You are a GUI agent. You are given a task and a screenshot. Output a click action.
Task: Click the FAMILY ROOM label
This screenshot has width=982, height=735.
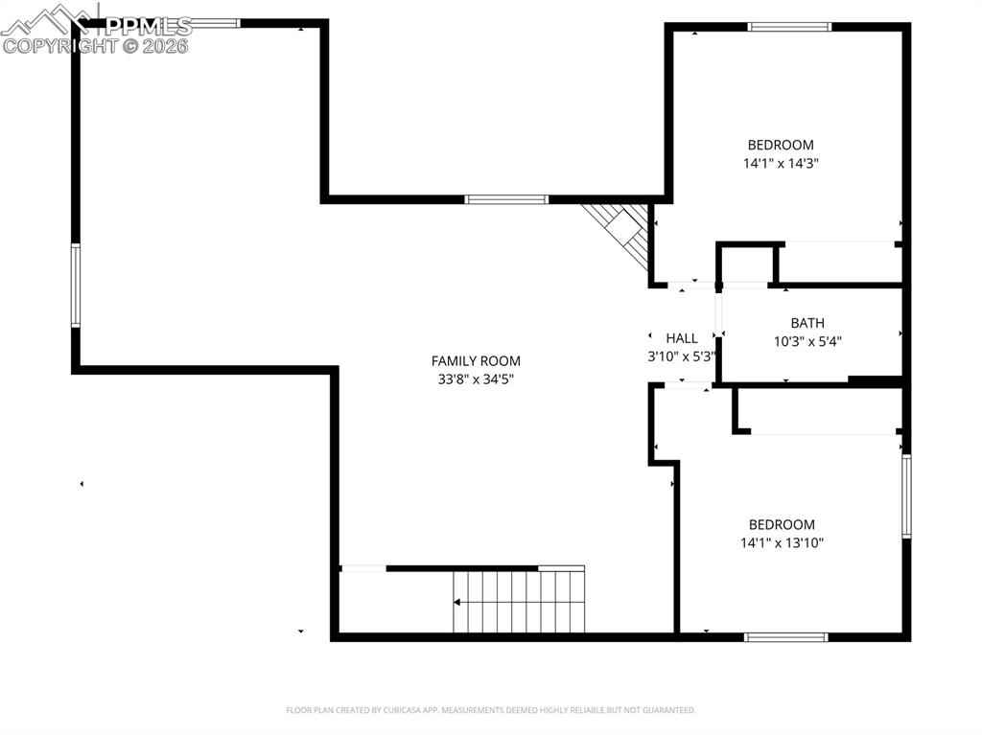[476, 361]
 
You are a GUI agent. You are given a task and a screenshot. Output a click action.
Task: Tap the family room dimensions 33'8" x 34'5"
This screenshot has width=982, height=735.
[476, 379]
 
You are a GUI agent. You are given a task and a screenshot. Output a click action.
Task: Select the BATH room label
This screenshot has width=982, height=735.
[807, 324]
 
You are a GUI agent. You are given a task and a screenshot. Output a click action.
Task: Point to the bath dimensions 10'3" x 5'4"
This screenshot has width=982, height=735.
[807, 341]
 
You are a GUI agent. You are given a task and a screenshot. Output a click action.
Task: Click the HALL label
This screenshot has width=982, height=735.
[682, 338]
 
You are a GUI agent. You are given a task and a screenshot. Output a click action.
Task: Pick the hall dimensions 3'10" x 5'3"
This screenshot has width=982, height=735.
[682, 356]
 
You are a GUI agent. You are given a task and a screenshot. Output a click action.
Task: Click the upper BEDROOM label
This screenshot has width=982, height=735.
[781, 145]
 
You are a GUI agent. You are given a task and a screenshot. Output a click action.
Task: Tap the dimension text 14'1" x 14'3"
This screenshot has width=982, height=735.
[781, 163]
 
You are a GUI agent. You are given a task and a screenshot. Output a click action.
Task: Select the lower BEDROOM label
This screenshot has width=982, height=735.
[782, 524]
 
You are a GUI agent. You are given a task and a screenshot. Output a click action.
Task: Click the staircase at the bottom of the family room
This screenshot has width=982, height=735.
[519, 601]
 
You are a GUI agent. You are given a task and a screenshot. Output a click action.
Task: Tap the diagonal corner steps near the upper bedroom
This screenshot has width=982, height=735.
[621, 233]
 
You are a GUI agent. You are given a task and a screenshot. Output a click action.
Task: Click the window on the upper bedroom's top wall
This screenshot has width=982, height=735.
[789, 27]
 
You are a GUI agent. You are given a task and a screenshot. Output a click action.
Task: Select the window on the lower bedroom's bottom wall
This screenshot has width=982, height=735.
[785, 636]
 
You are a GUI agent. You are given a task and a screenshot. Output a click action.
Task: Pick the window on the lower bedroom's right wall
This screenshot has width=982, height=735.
[906, 495]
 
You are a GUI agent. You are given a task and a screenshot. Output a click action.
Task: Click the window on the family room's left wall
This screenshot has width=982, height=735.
[75, 286]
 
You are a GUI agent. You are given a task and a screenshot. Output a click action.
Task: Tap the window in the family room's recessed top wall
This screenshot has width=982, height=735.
[506, 199]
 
